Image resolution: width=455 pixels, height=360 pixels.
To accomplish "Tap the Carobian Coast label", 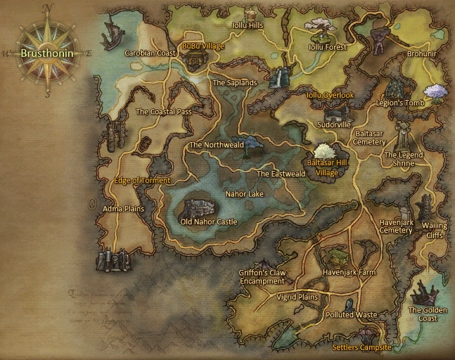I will (x=150, y=53).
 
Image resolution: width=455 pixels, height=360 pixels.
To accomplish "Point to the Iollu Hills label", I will (x=247, y=25).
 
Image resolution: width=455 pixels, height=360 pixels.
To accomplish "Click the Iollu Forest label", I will (x=328, y=47).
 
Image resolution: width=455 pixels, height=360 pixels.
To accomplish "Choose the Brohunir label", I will (x=421, y=53).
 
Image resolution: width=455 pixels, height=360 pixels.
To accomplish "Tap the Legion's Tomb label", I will (x=400, y=103).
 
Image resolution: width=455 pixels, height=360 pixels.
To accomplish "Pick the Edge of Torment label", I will (x=142, y=181).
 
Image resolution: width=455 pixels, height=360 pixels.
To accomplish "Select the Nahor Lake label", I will (x=245, y=194).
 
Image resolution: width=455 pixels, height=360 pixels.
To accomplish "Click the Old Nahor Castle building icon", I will (x=201, y=208).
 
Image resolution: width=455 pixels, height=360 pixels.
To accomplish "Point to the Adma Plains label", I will (x=123, y=209).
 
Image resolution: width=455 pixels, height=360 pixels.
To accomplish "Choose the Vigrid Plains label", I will (x=297, y=297).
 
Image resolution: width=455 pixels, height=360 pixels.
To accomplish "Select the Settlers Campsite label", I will (x=361, y=347).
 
